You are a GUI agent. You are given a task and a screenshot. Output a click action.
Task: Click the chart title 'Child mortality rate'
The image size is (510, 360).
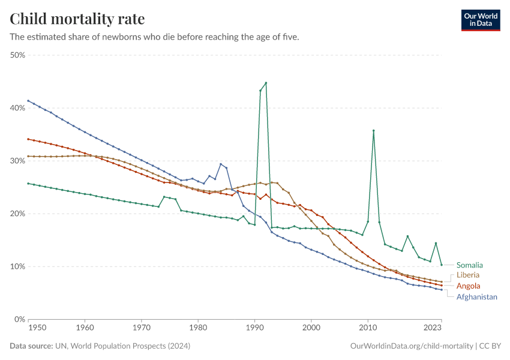click(77, 19)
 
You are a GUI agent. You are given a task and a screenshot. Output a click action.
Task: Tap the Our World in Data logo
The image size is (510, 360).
click(481, 20)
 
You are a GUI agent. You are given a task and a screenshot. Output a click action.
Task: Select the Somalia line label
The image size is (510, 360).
click(469, 265)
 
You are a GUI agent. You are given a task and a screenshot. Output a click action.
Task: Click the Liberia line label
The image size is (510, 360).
click(468, 275)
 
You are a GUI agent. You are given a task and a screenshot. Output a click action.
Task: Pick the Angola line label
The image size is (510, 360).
click(469, 286)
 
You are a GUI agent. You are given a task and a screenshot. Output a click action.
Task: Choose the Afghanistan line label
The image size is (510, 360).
click(476, 296)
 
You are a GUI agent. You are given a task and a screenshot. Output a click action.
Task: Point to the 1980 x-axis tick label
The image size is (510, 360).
click(198, 328)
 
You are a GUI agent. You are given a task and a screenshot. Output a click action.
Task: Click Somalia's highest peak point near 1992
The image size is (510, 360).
click(266, 83)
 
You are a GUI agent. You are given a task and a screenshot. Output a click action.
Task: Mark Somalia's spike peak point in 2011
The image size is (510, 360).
click(373, 130)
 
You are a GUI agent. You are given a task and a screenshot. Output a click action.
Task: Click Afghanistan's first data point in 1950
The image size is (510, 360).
click(28, 101)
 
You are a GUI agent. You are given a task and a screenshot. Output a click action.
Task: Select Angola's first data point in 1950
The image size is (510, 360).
click(28, 139)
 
